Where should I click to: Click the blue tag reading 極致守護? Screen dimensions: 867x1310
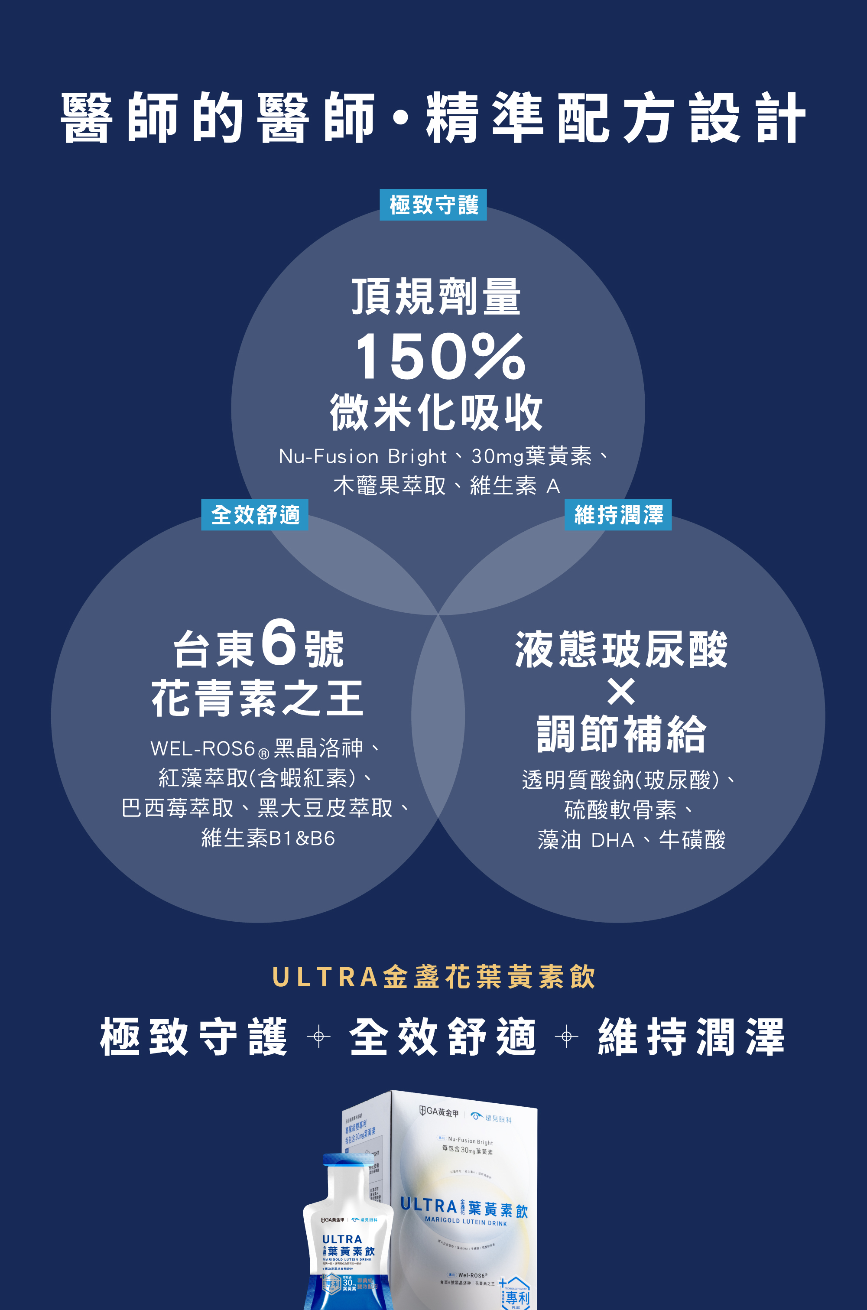click(433, 205)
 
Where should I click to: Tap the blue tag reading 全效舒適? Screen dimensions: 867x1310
click(254, 515)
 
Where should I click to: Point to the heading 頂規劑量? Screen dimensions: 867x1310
click(436, 297)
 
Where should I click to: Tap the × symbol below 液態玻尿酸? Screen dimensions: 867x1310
click(621, 692)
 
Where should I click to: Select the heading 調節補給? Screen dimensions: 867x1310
click(621, 734)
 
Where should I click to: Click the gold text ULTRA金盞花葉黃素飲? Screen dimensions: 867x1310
click(434, 977)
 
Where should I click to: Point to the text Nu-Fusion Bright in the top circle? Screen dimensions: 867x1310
click(362, 457)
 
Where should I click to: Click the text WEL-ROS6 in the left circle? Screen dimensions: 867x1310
click(202, 749)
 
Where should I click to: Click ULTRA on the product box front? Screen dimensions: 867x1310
click(429, 1205)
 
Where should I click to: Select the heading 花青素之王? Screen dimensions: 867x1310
click(258, 699)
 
